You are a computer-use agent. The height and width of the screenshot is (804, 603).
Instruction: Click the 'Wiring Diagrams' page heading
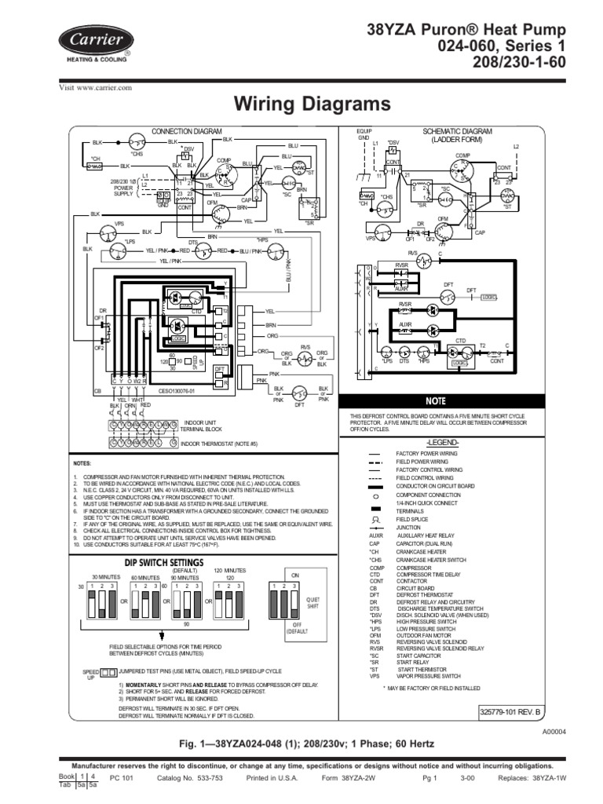302,104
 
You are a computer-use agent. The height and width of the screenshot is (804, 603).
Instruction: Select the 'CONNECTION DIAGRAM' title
186,131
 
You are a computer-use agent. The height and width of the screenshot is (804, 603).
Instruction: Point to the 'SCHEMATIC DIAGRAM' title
457,131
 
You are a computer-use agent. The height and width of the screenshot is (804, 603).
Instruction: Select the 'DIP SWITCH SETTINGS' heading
146,562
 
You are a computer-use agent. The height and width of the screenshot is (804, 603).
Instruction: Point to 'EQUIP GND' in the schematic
363,134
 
